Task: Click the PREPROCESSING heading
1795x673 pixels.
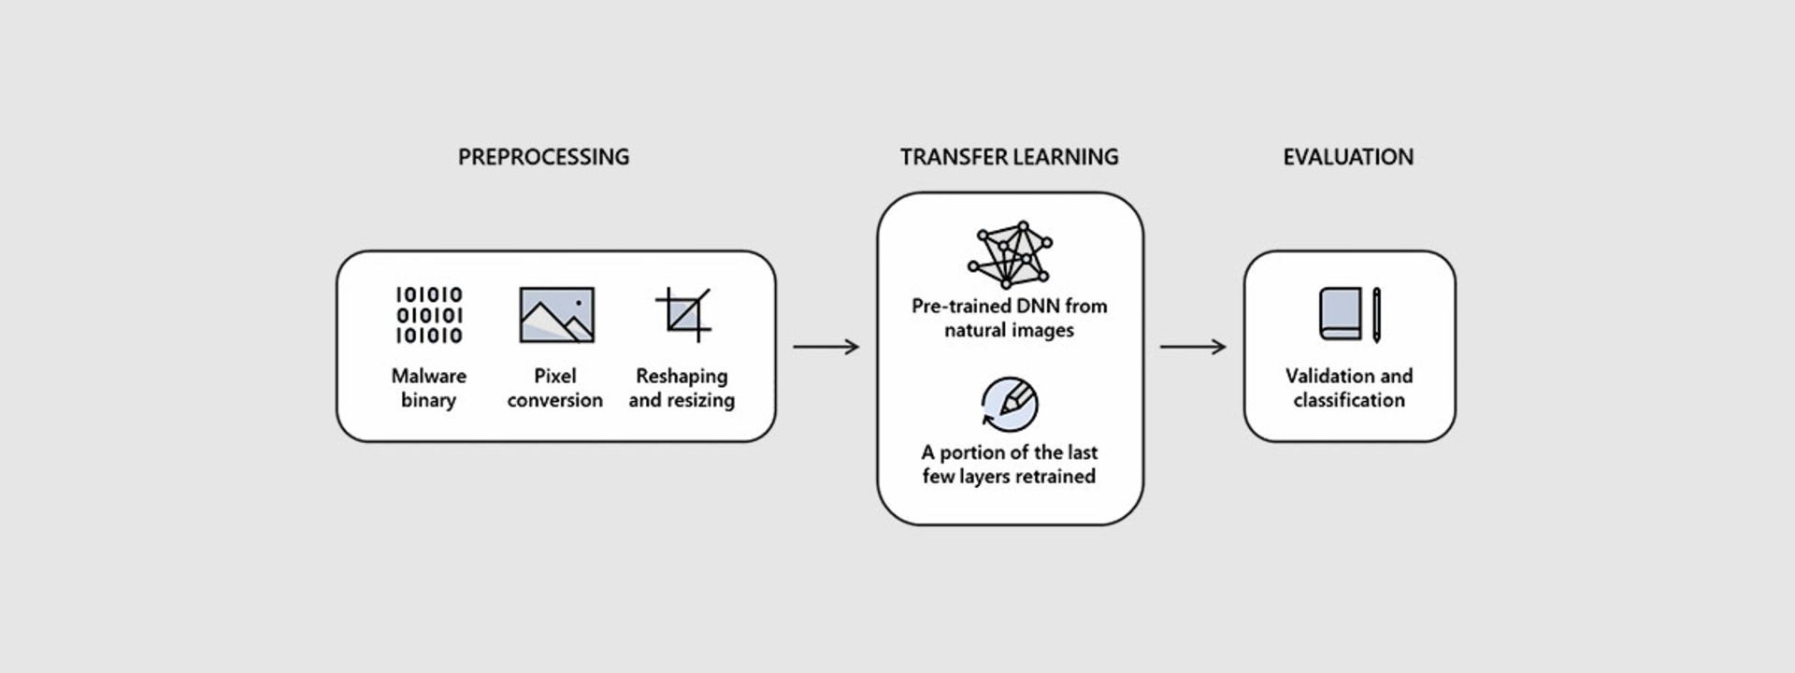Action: click(543, 157)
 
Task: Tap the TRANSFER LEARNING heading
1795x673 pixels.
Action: click(1009, 157)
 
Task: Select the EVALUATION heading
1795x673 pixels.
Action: click(1347, 157)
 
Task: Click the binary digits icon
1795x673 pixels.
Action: click(429, 315)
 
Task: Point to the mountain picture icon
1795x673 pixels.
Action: click(556, 315)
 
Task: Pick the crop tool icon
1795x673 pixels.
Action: click(684, 314)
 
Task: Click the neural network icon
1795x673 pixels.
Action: click(1010, 254)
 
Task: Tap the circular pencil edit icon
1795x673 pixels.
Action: click(1010, 404)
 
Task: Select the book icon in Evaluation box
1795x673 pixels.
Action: click(1340, 314)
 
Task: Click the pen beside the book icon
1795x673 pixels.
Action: click(1376, 315)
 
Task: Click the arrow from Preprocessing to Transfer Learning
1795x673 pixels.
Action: click(826, 347)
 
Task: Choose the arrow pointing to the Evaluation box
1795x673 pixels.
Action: click(1192, 347)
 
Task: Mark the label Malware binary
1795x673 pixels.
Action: click(428, 388)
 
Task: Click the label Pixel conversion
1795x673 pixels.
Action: click(555, 388)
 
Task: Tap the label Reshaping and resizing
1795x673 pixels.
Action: click(682, 388)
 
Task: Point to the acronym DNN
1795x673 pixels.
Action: click(1035, 306)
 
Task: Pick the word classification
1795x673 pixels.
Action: click(1349, 400)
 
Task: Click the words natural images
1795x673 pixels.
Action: click(1009, 330)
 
